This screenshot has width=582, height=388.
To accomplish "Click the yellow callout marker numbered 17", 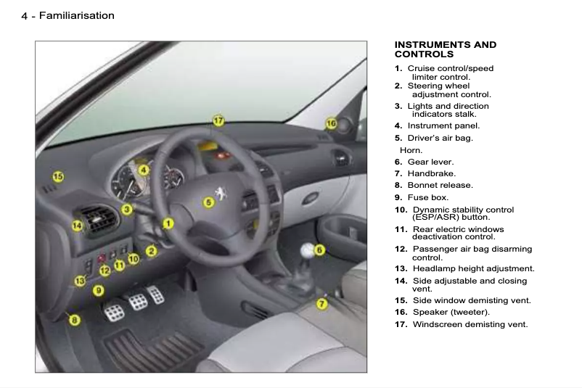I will (x=218, y=120).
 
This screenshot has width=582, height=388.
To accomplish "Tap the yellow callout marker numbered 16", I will (x=331, y=124).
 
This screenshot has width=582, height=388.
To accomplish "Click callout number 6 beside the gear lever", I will (x=319, y=249).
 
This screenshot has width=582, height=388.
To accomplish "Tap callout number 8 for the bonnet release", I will (x=74, y=319).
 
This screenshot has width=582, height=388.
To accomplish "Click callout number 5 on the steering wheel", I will (x=208, y=202).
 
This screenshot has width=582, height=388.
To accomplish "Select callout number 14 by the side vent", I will (x=77, y=226).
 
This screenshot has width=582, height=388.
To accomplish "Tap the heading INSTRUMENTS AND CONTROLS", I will (x=445, y=49).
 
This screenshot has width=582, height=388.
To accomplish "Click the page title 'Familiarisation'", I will (x=76, y=15).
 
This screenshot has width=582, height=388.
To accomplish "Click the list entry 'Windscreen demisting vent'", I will (x=470, y=324).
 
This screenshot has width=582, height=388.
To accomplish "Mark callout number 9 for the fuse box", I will (x=99, y=290).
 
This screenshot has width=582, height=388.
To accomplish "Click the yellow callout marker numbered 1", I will (x=168, y=223).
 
